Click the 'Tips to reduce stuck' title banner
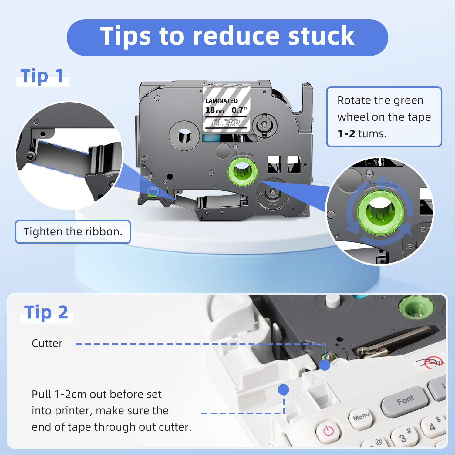pyautogui.click(x=227, y=37)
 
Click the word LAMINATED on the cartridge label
pyautogui.click(x=221, y=101)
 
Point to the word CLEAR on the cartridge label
pyautogui.click(x=226, y=123)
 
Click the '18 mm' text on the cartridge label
pyautogui.click(x=215, y=110)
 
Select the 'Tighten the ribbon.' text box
pyautogui.click(x=73, y=232)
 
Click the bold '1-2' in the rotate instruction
pyautogui.click(x=346, y=133)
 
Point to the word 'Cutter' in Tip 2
pyautogui.click(x=47, y=343)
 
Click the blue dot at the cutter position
pyautogui.click(x=325, y=365)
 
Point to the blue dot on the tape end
pyautogui.click(x=284, y=389)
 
